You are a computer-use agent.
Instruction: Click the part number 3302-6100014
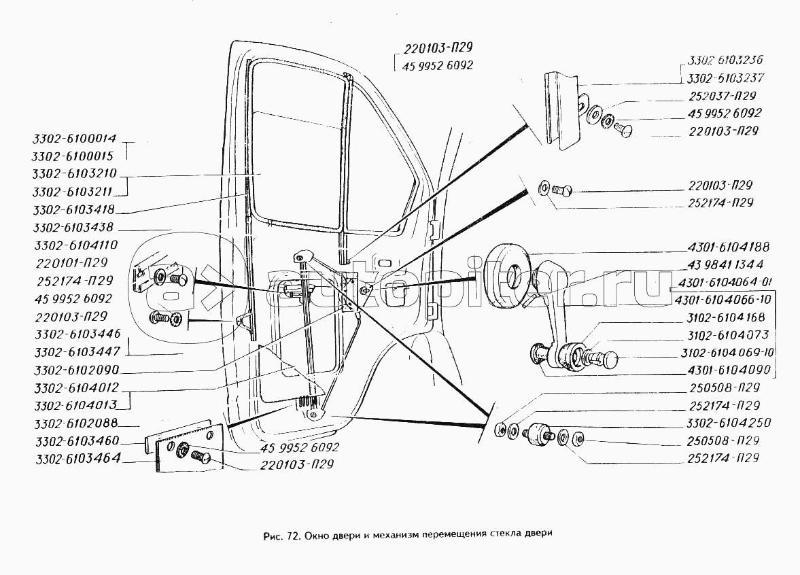click(74, 139)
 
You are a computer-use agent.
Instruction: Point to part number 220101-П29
click(74, 262)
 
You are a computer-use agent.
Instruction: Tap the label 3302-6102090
click(74, 370)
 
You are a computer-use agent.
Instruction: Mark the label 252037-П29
click(722, 96)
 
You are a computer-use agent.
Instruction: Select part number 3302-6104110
click(74, 245)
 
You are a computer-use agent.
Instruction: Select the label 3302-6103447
click(74, 352)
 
